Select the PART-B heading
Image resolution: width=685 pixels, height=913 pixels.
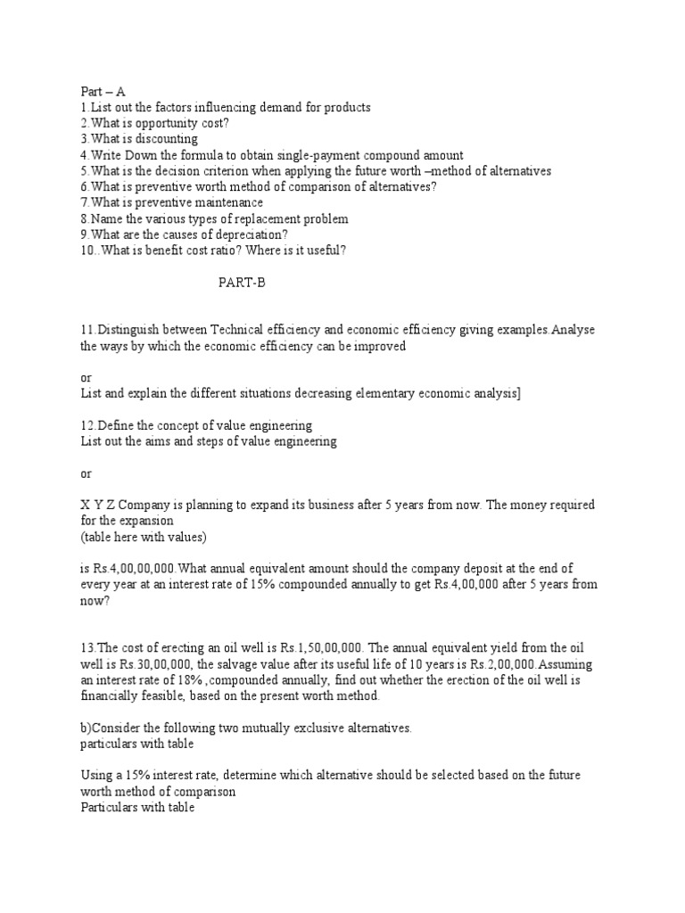pyautogui.click(x=243, y=284)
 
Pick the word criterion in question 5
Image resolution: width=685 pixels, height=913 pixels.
pyautogui.click(x=219, y=171)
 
